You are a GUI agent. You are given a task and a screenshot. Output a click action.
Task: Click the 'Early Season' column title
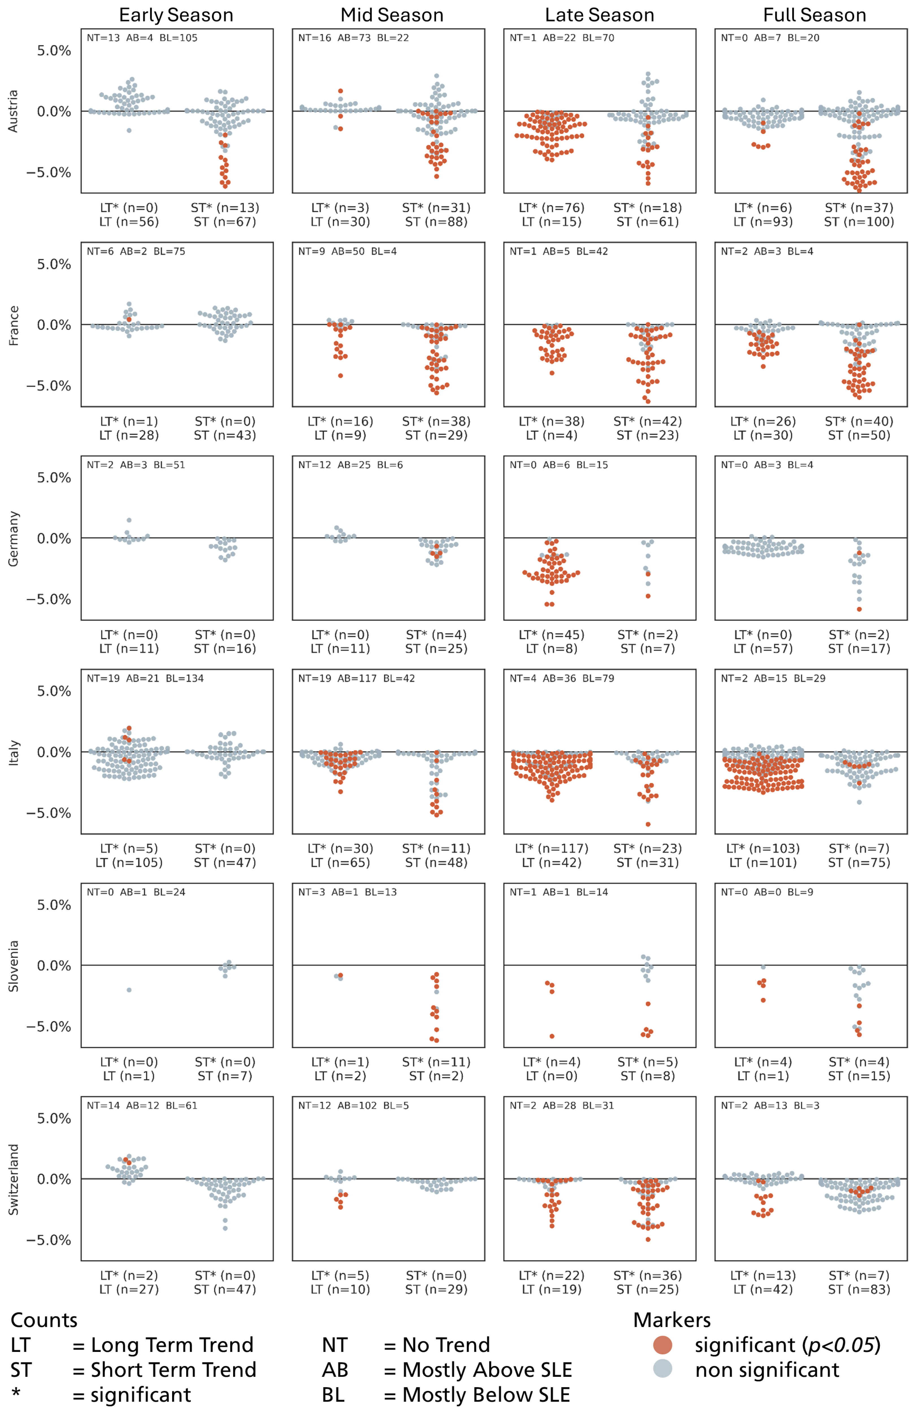coord(176,15)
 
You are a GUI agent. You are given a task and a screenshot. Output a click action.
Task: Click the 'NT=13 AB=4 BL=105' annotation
coord(142,38)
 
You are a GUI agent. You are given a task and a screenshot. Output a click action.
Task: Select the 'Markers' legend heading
coord(672,1320)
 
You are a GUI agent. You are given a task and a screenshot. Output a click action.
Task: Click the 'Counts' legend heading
coord(44,1320)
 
